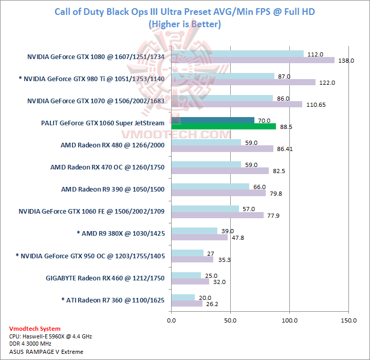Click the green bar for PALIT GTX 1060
click(x=224, y=126)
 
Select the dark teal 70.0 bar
click(x=212, y=120)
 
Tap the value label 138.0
click(x=346, y=61)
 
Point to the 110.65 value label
click(x=316, y=104)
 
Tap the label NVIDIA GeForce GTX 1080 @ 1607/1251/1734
click(x=96, y=57)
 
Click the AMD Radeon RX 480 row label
click(x=113, y=145)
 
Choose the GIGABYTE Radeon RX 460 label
click(x=105, y=278)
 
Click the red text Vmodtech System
click(x=35, y=329)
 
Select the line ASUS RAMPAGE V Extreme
click(x=46, y=352)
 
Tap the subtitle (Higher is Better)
click(x=184, y=24)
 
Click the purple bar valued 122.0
click(x=243, y=82)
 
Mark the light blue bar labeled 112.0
click(x=237, y=54)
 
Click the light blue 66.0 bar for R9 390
click(x=210, y=186)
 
